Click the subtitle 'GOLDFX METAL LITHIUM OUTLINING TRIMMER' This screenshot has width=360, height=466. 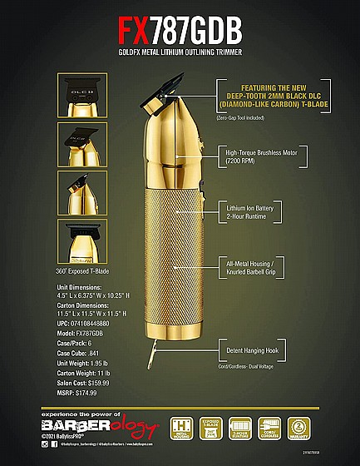(x=180, y=52)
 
